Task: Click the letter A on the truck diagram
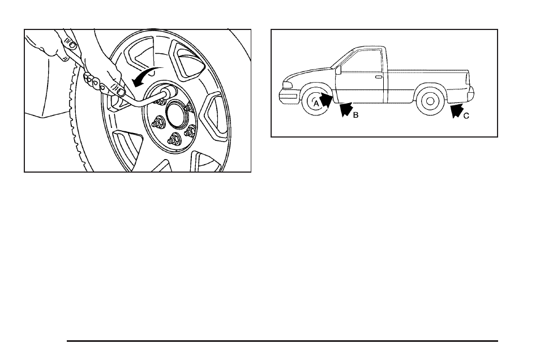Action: pos(316,103)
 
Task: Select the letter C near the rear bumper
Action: pos(466,115)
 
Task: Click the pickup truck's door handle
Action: pos(378,76)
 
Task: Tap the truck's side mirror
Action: pos(338,71)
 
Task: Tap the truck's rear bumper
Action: pos(470,94)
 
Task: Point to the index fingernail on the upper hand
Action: pos(69,42)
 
